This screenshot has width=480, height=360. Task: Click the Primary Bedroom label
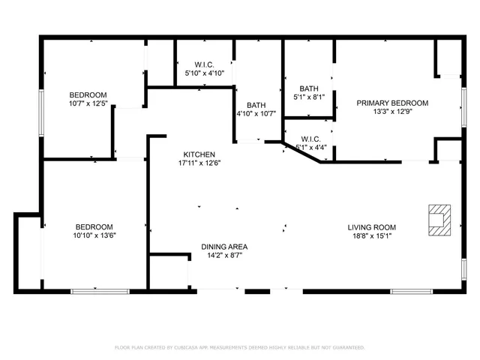pos(392,103)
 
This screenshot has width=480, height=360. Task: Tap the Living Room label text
pos(371,227)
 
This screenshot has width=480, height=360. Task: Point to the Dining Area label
pos(224,246)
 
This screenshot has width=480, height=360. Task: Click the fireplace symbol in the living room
pos(438,220)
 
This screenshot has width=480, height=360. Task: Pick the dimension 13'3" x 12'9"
pos(392,113)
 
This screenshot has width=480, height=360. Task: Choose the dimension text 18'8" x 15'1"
pos(371,237)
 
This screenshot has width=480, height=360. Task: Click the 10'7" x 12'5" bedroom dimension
pos(88,104)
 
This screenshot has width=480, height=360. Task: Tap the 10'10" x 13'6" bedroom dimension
pos(94,236)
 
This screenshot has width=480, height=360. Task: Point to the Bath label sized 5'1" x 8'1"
pos(309,88)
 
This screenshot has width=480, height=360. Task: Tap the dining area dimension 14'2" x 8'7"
pos(224,256)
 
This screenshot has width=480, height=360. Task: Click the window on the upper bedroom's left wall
pos(42,112)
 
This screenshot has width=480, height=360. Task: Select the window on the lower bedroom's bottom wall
pos(94,290)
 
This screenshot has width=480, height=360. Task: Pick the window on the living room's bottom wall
pos(412,290)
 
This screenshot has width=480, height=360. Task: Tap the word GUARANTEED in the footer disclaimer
pos(346,347)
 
